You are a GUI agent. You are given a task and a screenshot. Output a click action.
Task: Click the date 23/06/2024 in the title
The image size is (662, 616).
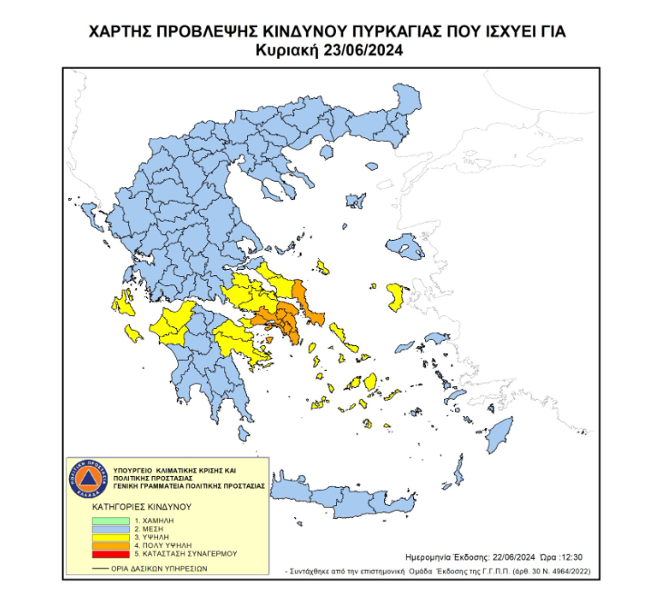tap(361, 51)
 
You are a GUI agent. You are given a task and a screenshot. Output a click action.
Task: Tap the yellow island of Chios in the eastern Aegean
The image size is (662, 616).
tap(396, 293)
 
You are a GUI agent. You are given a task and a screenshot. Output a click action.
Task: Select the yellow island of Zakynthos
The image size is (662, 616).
tap(133, 334)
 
